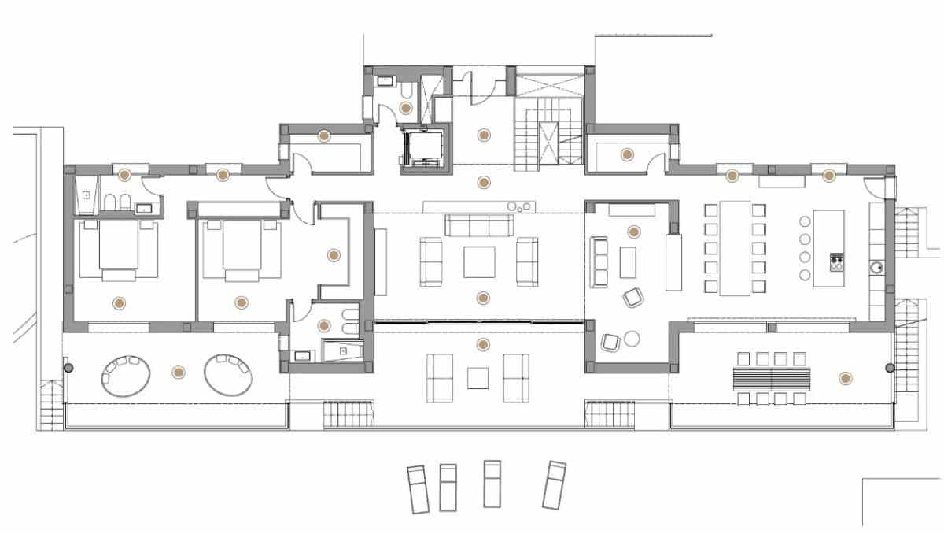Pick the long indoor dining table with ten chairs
click(735, 247)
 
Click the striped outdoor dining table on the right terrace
click(771, 378)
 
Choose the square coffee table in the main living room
click(479, 262)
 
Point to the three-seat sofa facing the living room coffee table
click(479, 225)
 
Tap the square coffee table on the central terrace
click(478, 379)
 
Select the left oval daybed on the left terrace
click(127, 375)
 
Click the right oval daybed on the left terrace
click(229, 375)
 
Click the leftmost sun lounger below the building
click(417, 488)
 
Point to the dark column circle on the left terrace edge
click(68, 368)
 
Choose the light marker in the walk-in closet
click(334, 254)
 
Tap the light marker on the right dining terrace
click(845, 379)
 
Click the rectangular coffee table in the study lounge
click(627, 262)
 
